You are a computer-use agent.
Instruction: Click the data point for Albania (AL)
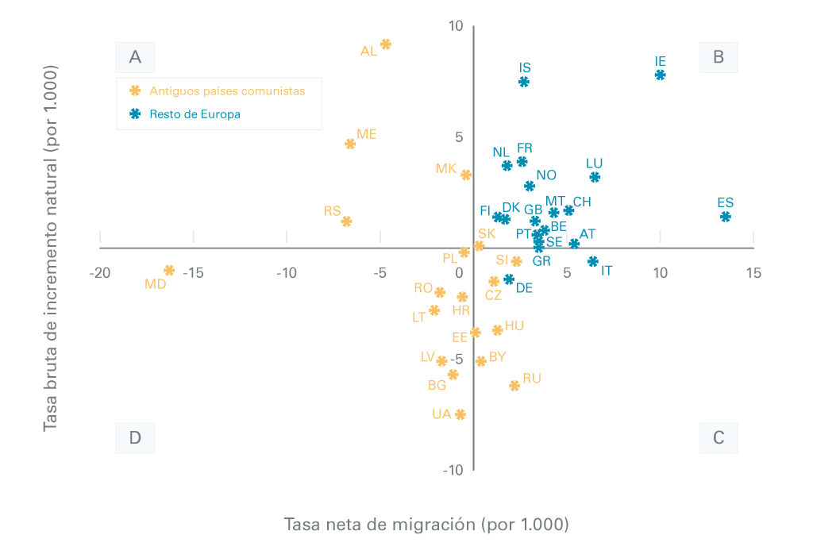pyautogui.click(x=386, y=44)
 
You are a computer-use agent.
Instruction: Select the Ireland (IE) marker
pyautogui.click(x=660, y=75)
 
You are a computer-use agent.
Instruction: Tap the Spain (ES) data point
pyautogui.click(x=726, y=217)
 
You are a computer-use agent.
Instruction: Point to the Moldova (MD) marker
pyautogui.click(x=169, y=271)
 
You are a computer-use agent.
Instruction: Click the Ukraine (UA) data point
pyautogui.click(x=460, y=414)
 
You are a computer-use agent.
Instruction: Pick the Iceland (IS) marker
pyautogui.click(x=524, y=82)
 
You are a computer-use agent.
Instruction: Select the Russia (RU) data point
pyautogui.click(x=514, y=386)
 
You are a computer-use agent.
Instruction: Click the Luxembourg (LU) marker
pyautogui.click(x=595, y=177)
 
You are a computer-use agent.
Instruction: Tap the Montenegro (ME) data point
pyautogui.click(x=350, y=144)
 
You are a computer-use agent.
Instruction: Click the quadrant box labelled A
pyautogui.click(x=135, y=57)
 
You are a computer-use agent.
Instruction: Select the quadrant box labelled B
pyautogui.click(x=719, y=57)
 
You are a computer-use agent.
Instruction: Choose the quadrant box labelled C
pyautogui.click(x=719, y=437)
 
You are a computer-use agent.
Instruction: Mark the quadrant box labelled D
pyautogui.click(x=135, y=437)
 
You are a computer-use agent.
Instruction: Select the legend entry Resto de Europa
pyautogui.click(x=195, y=114)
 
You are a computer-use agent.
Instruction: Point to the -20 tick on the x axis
pyautogui.click(x=100, y=273)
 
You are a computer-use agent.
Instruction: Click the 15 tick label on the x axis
pyautogui.click(x=753, y=273)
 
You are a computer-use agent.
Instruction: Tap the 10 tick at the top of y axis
pyautogui.click(x=455, y=26)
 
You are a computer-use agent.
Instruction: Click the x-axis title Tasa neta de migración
pyautogui.click(x=426, y=525)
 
